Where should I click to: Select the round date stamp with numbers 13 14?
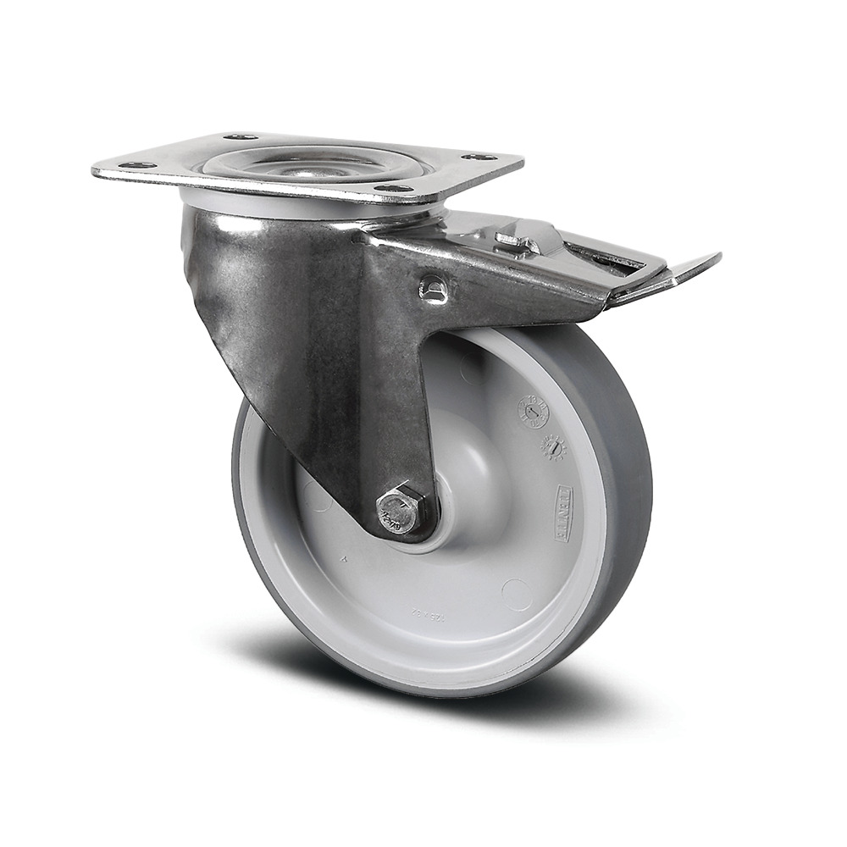click(x=535, y=412)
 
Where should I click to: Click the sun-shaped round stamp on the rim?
click(x=553, y=447)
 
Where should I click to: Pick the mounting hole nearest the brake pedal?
click(x=479, y=158)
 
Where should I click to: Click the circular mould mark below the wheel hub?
click(x=516, y=594)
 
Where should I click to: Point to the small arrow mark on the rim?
click(x=342, y=559)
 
